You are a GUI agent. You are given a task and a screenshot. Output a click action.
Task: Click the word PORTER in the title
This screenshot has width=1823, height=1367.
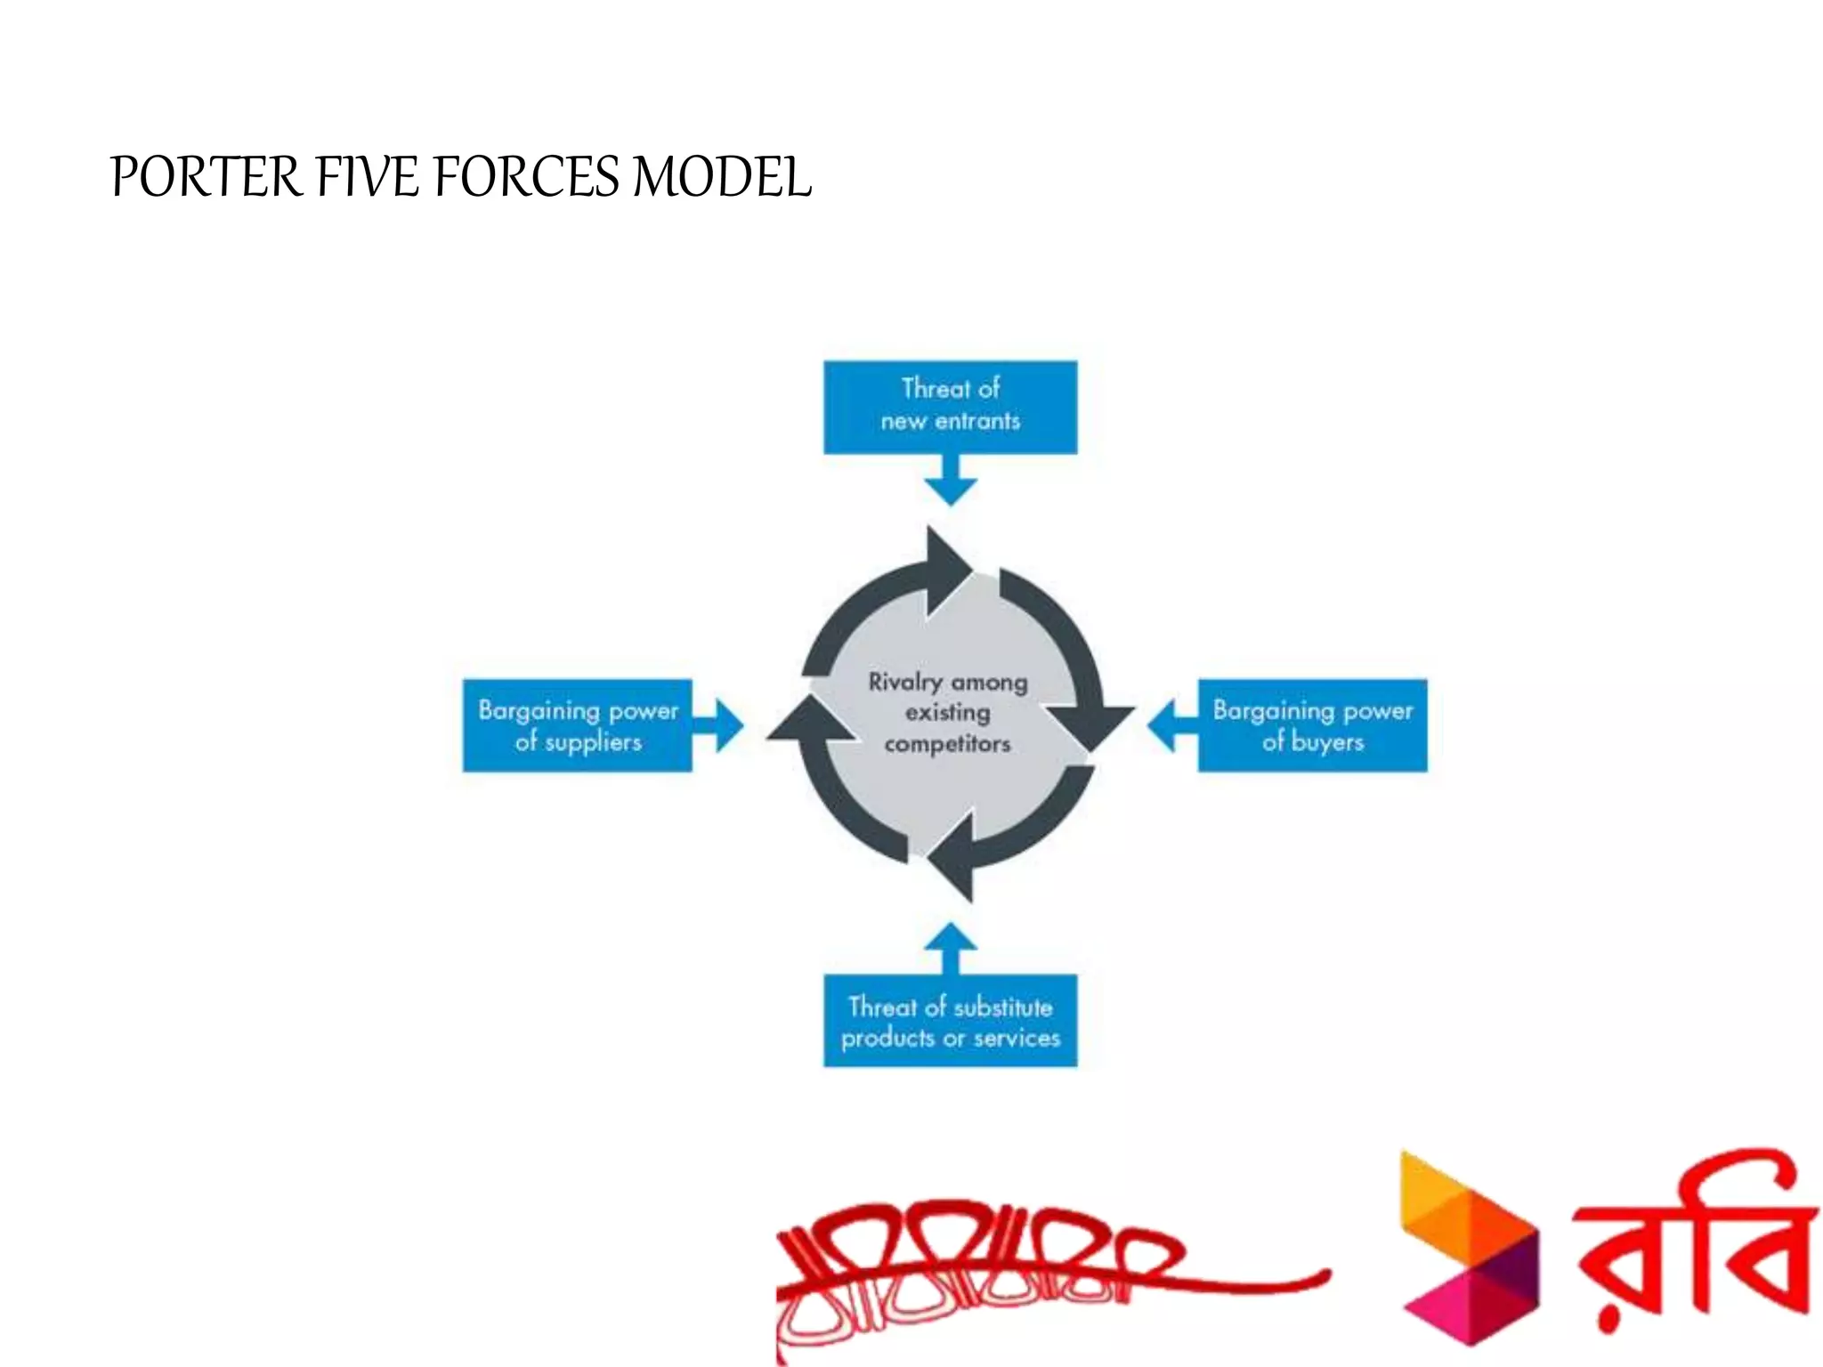point(207,176)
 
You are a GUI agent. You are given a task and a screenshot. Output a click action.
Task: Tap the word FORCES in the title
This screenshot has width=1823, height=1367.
point(526,176)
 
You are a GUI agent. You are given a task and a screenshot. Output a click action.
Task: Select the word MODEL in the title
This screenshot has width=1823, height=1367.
point(721,176)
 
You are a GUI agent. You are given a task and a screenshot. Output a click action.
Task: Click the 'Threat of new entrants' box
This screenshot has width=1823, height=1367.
point(950,406)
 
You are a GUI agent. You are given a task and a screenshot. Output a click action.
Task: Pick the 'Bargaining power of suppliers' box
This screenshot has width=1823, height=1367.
point(577,725)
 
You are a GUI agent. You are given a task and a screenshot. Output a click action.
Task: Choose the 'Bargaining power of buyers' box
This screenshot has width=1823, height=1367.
point(1312,725)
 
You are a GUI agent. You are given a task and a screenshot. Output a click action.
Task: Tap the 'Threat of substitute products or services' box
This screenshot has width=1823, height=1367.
point(950,1021)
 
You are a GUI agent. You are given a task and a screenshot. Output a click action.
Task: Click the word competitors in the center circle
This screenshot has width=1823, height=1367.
point(947,743)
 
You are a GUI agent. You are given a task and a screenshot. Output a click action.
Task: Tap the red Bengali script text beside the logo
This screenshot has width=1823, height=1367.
point(1691,1246)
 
